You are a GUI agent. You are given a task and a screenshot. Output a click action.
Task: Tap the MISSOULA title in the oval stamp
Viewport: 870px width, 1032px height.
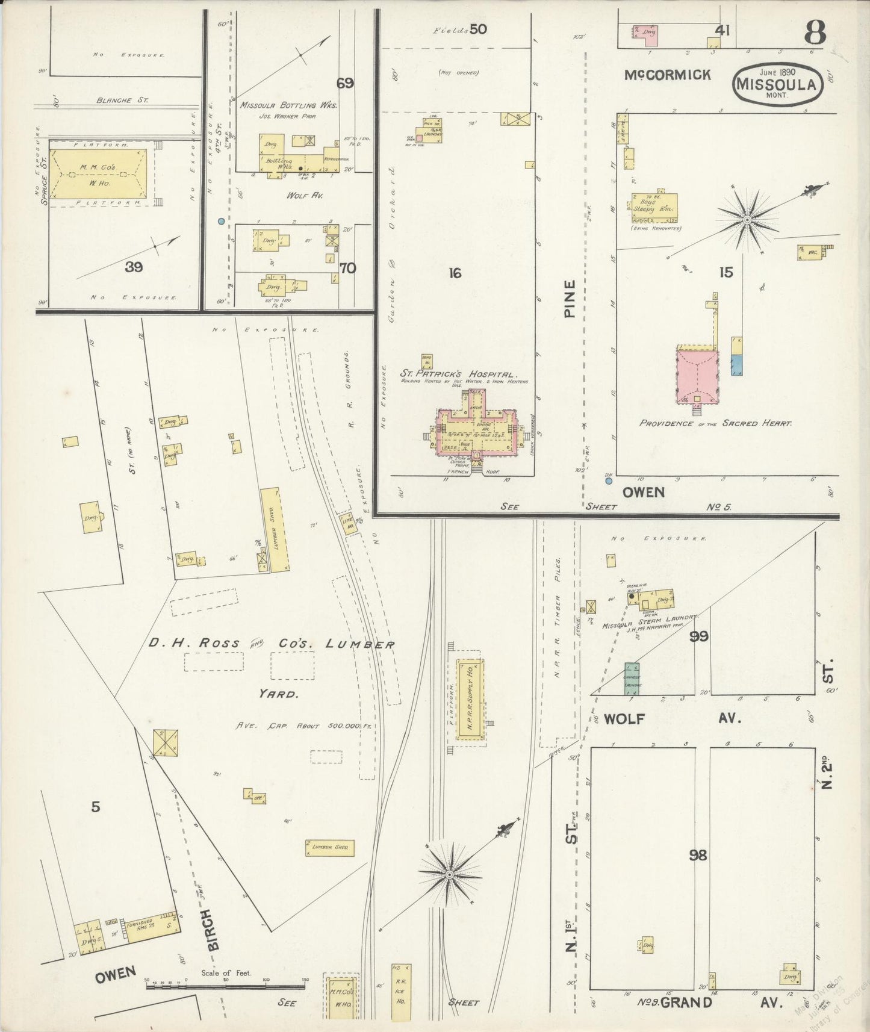pos(777,84)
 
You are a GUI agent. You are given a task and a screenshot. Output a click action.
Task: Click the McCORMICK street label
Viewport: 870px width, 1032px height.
pos(667,75)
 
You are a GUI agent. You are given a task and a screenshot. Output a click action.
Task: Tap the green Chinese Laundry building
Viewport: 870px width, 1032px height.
pos(632,679)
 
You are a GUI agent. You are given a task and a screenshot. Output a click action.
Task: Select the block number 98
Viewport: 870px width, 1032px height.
pos(698,855)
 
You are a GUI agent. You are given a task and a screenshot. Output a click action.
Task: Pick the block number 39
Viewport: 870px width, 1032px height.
pos(134,267)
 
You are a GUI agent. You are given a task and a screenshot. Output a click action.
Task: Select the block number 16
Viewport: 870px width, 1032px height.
pos(455,273)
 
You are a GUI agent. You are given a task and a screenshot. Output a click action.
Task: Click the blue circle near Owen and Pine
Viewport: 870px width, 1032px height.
pos(609,481)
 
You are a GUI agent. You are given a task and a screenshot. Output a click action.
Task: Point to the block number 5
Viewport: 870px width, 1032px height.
pos(96,807)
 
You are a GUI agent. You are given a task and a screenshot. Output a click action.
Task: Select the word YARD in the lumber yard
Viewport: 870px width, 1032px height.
pos(279,694)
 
